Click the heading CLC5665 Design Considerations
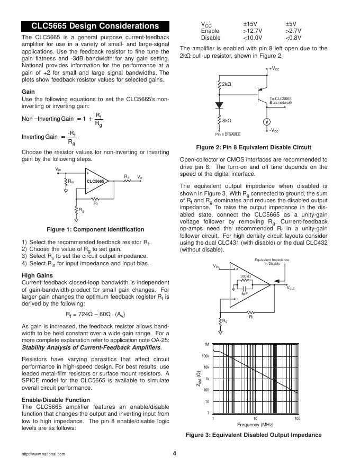pyautogui.click(x=95, y=26)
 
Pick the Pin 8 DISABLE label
pyautogui.click(x=228, y=134)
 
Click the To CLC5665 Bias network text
pyautogui.click(x=281, y=100)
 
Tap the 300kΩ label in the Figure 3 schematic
pyautogui.click(x=246, y=276)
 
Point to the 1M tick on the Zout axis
pyautogui.click(x=207, y=344)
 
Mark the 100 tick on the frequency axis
pyautogui.click(x=297, y=418)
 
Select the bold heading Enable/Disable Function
pyautogui.click(x=56, y=399)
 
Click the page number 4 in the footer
pyautogui.click(x=174, y=453)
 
